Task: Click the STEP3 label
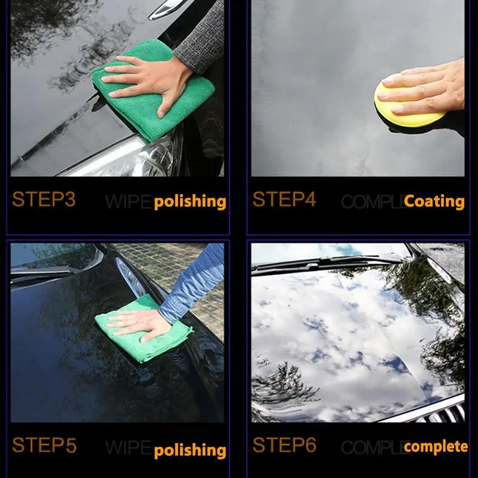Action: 44,199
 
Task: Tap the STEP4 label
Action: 284,199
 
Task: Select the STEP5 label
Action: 44,445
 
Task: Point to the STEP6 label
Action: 284,445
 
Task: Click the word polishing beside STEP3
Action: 190,202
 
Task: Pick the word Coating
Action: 434,201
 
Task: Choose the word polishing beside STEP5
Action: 190,451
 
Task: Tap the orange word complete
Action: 436,446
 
